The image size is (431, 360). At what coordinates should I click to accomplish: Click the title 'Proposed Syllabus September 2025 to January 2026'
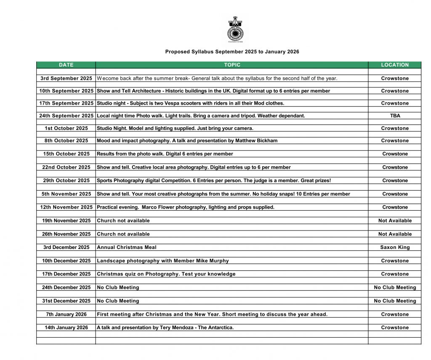click(x=232, y=52)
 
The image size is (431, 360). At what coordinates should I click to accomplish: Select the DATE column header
click(x=66, y=65)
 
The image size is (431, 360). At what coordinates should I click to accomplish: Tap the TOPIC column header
click(x=232, y=65)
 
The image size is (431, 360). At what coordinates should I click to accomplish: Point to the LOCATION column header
click(x=395, y=65)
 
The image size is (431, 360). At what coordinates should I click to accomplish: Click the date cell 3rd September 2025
click(x=66, y=78)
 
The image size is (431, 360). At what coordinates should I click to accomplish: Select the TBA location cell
click(x=395, y=116)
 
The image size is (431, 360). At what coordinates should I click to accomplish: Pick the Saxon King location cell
click(x=395, y=247)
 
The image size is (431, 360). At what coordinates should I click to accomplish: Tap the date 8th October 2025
click(x=66, y=140)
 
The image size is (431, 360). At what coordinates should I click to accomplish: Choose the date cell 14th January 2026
click(x=66, y=328)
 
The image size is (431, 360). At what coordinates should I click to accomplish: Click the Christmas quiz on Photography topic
click(x=166, y=274)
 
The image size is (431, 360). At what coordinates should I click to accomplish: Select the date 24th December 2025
click(x=66, y=287)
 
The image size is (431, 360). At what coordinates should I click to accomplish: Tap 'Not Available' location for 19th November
click(x=395, y=220)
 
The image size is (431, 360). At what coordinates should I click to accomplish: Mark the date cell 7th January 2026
click(x=66, y=314)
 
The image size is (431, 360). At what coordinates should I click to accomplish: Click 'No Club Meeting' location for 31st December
click(x=395, y=301)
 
